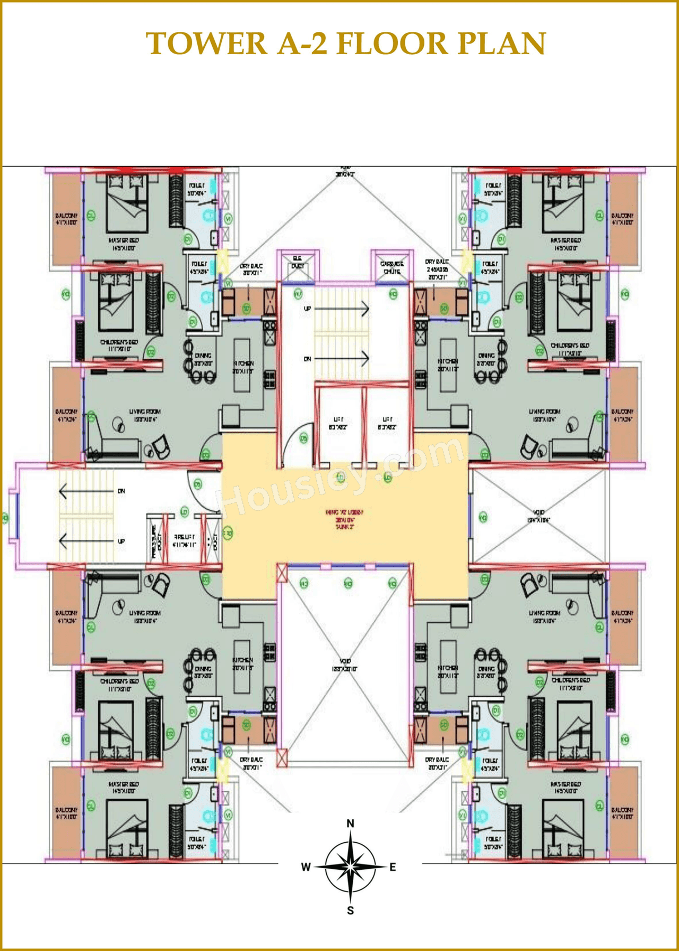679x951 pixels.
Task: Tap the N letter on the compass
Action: click(x=350, y=823)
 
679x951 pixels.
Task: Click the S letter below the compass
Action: click(x=350, y=911)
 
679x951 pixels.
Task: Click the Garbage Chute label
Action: click(x=391, y=267)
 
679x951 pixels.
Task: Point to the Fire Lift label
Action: click(x=185, y=541)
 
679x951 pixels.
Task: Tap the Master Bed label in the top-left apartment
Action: click(x=123, y=244)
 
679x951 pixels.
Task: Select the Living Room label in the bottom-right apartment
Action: click(x=544, y=616)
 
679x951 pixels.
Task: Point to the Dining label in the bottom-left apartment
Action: click(x=203, y=672)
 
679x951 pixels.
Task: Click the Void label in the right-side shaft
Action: click(x=538, y=516)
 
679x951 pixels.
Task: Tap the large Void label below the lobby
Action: click(x=345, y=664)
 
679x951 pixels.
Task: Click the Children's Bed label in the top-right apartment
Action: click(x=570, y=348)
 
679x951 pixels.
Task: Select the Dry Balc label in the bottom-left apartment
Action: click(x=251, y=763)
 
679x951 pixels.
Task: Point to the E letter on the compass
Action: click(x=393, y=867)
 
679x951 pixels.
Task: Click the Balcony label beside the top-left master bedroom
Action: click(x=66, y=219)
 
